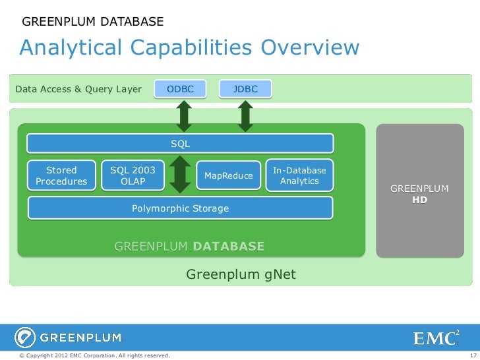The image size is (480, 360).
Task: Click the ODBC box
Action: (x=180, y=89)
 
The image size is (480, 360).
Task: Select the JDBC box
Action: (x=245, y=89)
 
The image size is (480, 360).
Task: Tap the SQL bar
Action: (x=180, y=144)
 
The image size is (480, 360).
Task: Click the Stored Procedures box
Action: (x=61, y=176)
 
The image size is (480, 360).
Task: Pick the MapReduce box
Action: (x=229, y=176)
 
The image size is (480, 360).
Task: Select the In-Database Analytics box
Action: (x=299, y=176)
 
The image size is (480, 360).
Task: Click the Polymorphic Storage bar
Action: (x=180, y=208)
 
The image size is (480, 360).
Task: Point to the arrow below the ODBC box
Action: (x=184, y=116)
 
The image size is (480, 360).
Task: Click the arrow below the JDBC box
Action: (x=245, y=116)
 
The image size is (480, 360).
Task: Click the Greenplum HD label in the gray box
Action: (x=419, y=194)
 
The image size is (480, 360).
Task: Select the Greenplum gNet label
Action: (x=241, y=274)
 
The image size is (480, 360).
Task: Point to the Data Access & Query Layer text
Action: (x=78, y=89)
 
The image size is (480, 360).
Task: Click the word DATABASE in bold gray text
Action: (x=229, y=247)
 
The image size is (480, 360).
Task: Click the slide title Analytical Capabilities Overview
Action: (x=190, y=47)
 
